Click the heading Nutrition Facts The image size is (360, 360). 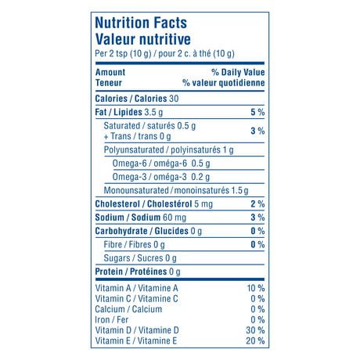pyautogui.click(x=140, y=23)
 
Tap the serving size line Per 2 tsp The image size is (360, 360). pyautogui.click(x=164, y=53)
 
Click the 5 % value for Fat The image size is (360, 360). pyautogui.click(x=257, y=113)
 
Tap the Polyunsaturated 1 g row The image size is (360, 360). pyautogui.click(x=168, y=149)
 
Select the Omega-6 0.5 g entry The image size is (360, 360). pyautogui.click(x=161, y=163)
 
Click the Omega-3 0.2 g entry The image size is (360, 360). pyautogui.click(x=161, y=176)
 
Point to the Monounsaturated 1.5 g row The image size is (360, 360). pyautogui.click(x=176, y=190)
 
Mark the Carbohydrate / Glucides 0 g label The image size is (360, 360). pyautogui.click(x=148, y=231)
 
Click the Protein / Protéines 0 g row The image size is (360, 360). pyautogui.click(x=138, y=272)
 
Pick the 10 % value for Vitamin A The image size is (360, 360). pyautogui.click(x=255, y=288)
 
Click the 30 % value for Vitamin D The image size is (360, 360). pyautogui.click(x=255, y=330)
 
